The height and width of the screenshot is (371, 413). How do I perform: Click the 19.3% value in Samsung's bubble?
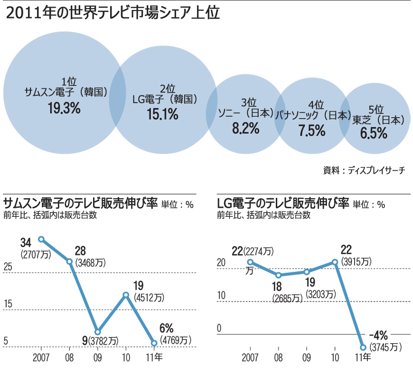[x=64, y=108]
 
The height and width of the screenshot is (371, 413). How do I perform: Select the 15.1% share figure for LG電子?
[x=162, y=114]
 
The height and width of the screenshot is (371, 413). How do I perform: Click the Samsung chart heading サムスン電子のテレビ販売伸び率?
[x=80, y=203]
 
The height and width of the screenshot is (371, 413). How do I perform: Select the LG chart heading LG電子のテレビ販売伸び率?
[x=282, y=203]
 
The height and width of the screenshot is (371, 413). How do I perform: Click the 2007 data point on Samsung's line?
[x=41, y=239]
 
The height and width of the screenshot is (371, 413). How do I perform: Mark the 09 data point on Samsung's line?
[x=98, y=332]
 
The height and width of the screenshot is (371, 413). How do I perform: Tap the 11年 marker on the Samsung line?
[x=154, y=343]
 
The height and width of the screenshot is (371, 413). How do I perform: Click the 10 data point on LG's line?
[x=335, y=262]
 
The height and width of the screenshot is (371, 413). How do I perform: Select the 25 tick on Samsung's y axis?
[x=8, y=267]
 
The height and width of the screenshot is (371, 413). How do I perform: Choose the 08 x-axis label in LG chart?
[x=279, y=357]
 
